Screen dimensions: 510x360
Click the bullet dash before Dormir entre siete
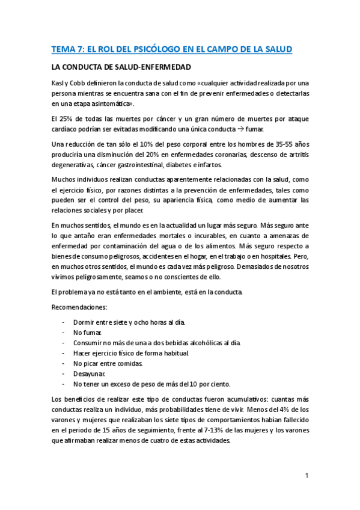pos(64,322)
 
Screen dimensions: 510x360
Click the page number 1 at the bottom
pos(307,476)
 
